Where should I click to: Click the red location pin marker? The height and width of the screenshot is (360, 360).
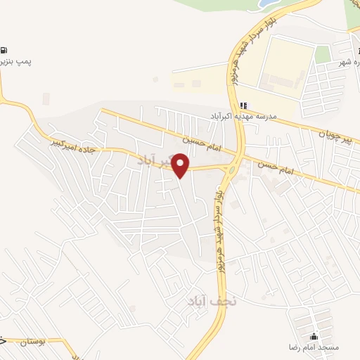(181, 165)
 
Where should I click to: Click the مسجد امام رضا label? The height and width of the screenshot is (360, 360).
(314, 347)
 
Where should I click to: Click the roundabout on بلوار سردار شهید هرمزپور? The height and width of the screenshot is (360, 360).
(230, 169)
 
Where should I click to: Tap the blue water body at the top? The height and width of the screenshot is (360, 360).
(266, 4)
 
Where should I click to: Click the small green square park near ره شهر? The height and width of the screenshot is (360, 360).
(323, 55)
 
